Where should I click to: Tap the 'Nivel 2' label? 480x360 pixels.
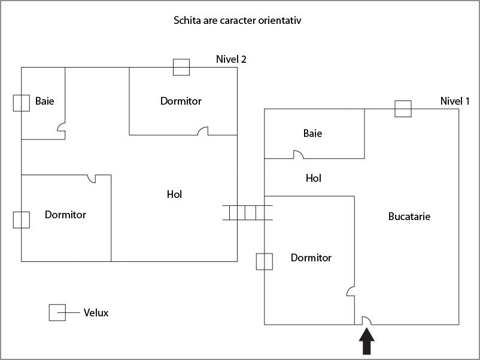point(231,59)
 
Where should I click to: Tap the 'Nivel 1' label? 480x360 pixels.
point(455,101)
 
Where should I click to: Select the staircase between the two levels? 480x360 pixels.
point(248,212)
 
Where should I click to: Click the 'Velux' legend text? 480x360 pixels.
point(96,313)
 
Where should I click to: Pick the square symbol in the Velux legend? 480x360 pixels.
point(57,313)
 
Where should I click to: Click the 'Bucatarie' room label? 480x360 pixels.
point(409,216)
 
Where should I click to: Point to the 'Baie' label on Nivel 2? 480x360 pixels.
point(44,101)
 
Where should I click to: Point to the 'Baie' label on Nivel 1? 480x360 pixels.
point(312,133)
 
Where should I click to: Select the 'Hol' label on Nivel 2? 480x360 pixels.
point(174,194)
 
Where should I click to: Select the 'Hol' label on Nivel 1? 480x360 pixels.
point(314,178)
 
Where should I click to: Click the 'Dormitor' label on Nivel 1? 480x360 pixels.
point(311,258)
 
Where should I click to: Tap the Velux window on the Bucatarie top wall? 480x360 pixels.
point(403,109)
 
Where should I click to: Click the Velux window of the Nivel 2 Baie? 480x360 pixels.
point(22,103)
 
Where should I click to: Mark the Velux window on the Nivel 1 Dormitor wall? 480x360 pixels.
point(265,261)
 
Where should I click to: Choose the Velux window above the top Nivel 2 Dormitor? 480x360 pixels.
point(181,67)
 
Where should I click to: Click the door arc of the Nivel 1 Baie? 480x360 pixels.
point(297,154)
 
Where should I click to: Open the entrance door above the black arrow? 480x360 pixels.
point(366,320)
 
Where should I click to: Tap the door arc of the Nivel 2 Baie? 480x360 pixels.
point(61,127)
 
